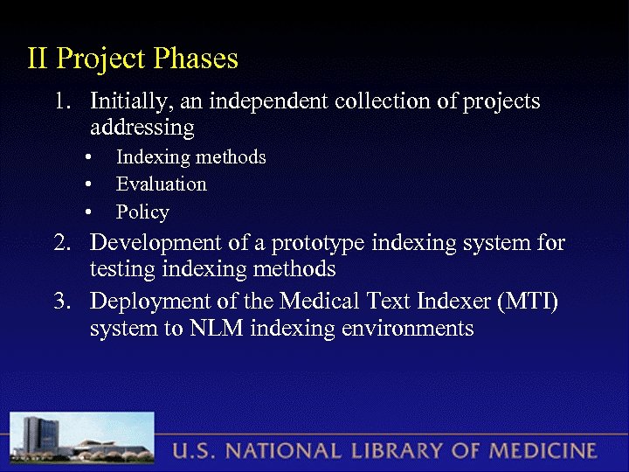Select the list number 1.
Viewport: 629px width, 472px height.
pos(60,101)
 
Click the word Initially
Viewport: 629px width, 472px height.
pos(131,102)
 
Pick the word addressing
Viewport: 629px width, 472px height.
pos(142,128)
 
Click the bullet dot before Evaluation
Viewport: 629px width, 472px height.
pos(89,185)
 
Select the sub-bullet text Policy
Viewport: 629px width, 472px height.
pos(142,212)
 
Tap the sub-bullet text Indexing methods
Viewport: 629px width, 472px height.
pos(190,157)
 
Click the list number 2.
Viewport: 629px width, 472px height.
pos(60,242)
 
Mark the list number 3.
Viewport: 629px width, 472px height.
pos(60,302)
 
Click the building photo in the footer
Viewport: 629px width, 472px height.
pos(83,440)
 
